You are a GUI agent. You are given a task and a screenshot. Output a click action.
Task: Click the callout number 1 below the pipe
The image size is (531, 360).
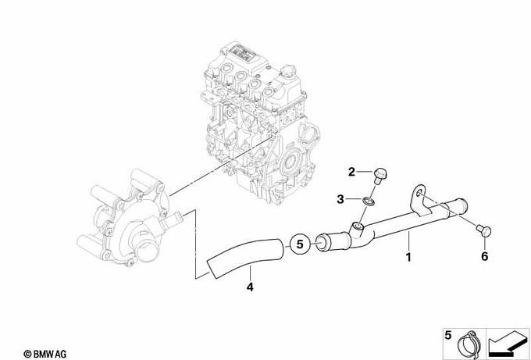pyautogui.click(x=408, y=257)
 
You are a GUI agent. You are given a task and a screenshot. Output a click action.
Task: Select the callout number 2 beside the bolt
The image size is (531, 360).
pyautogui.click(x=352, y=172)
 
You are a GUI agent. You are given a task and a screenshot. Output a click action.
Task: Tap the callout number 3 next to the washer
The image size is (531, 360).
pyautogui.click(x=340, y=199)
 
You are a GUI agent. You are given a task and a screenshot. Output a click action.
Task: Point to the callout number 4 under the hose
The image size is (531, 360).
pyautogui.click(x=250, y=287)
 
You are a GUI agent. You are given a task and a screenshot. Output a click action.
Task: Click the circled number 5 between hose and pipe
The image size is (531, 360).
pyautogui.click(x=300, y=244)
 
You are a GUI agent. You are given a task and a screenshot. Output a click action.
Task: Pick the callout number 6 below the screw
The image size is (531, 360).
pyautogui.click(x=485, y=256)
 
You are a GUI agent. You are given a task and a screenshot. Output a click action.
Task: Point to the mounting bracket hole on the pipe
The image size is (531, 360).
pyautogui.click(x=419, y=193)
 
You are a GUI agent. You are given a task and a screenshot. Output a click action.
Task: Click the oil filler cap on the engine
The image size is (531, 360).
pyautogui.click(x=288, y=71)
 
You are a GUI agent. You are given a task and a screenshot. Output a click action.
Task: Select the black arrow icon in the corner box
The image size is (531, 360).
pyautogui.click(x=507, y=344)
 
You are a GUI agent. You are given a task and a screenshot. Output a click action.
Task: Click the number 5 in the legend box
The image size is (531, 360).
pyautogui.click(x=448, y=336)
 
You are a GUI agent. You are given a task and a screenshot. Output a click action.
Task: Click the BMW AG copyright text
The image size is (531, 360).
pyautogui.click(x=45, y=355)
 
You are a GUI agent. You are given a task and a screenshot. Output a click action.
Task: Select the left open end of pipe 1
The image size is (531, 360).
pyautogui.click(x=321, y=243)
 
